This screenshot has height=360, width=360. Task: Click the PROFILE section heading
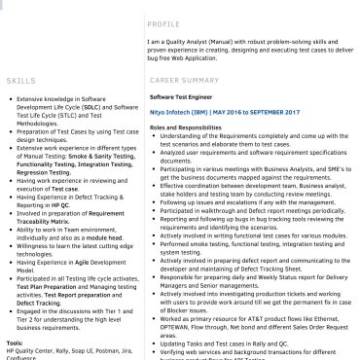coord(164,23)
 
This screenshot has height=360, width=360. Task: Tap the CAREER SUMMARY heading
coord(185,80)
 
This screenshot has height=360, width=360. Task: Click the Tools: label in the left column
coord(15,342)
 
